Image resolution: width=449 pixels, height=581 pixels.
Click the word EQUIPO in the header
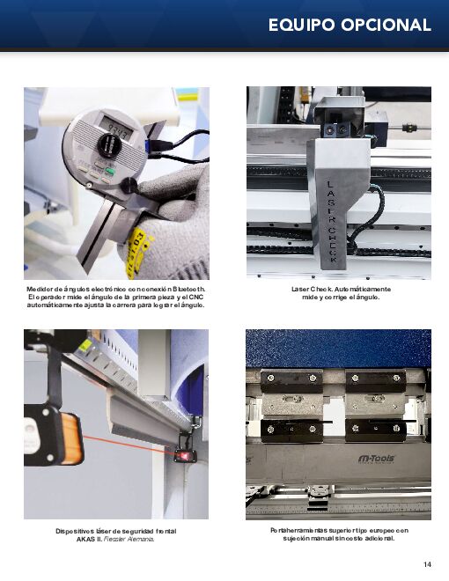click(302, 26)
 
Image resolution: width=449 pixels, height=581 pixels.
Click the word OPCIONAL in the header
click(386, 26)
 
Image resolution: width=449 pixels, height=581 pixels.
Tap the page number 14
click(427, 564)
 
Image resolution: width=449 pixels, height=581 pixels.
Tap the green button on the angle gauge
click(110, 171)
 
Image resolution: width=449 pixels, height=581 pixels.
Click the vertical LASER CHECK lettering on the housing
click(331, 222)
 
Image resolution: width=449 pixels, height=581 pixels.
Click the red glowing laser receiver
click(182, 454)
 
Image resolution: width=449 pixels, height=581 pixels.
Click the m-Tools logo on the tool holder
click(377, 459)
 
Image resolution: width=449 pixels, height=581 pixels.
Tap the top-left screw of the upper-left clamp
click(271, 378)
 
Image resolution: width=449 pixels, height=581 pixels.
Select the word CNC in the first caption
click(196, 298)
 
